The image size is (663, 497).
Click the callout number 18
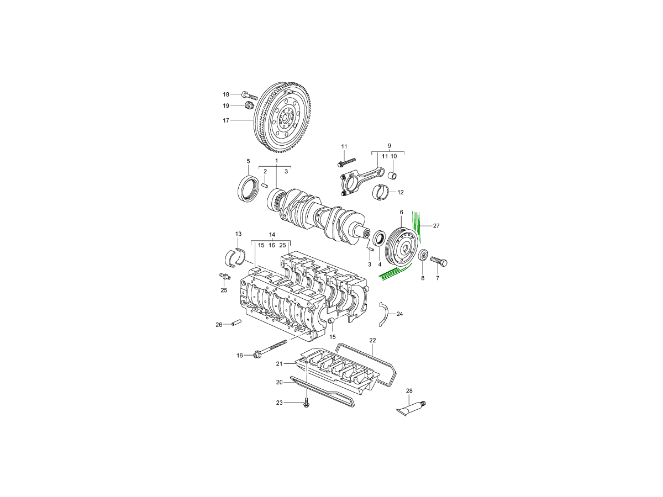(x=226, y=94)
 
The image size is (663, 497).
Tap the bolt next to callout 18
(x=250, y=95)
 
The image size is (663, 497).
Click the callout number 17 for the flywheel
(x=226, y=120)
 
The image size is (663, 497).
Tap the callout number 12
(x=401, y=193)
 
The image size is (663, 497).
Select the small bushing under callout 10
(x=393, y=176)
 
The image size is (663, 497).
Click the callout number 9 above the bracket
(x=389, y=146)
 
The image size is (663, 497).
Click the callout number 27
(x=436, y=226)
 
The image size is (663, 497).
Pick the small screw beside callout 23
(x=306, y=403)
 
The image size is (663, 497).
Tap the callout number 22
(x=373, y=340)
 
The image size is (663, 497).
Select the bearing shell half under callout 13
(x=236, y=257)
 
